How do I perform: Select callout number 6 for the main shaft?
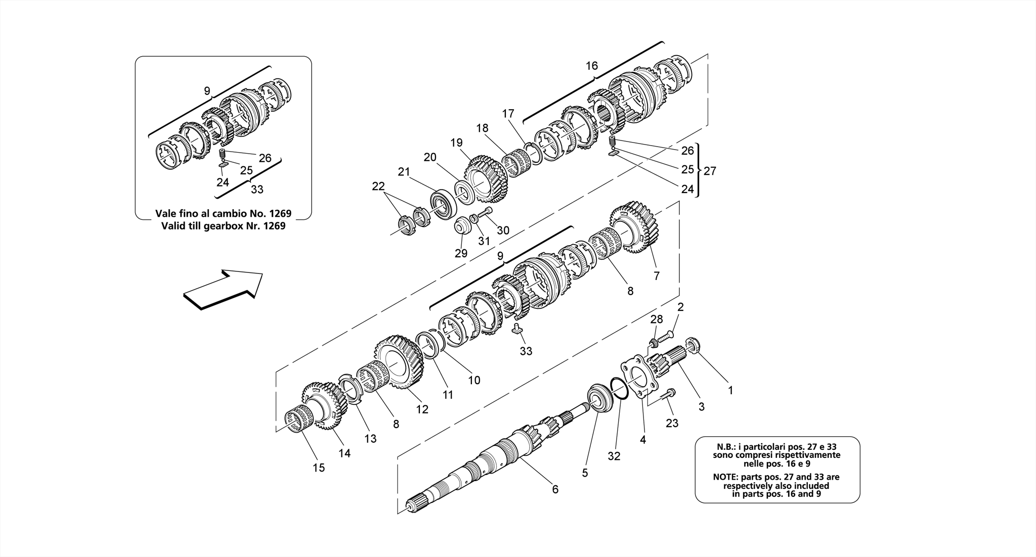click(555, 489)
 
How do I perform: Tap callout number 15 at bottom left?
click(319, 468)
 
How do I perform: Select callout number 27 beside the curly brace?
click(710, 171)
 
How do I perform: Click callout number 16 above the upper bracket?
click(592, 65)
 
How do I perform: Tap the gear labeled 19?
click(486, 179)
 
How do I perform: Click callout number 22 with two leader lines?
click(378, 186)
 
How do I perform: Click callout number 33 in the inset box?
click(257, 189)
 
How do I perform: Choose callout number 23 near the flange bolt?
click(672, 423)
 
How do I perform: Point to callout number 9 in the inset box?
click(207, 91)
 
